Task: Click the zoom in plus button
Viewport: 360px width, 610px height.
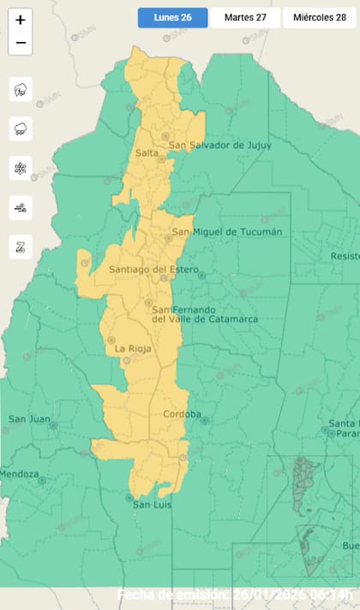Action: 21,19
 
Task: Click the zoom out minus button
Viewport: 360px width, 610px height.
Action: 21,42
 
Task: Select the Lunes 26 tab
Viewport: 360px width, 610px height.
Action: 172,18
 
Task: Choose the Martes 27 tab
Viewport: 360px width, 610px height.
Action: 245,18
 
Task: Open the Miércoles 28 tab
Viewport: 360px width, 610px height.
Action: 320,18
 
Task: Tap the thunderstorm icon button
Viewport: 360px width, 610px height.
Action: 21,89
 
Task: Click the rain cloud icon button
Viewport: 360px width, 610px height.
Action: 21,129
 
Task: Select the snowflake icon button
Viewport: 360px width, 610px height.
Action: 21,168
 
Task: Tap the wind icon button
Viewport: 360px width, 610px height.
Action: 21,207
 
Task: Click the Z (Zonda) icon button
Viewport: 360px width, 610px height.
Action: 21,247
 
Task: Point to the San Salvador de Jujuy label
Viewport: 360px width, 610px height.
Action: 219,146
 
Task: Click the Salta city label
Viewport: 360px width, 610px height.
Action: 147,152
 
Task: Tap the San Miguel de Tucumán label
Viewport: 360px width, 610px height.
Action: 226,232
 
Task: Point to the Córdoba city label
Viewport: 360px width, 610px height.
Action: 182,415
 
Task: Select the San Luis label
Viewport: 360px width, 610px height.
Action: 153,505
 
